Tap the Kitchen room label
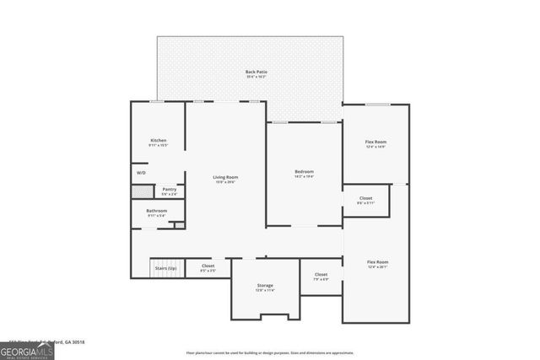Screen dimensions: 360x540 [158, 140]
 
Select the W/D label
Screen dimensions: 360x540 [141, 174]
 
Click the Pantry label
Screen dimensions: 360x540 [170, 190]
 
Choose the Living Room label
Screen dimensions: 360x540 [225, 177]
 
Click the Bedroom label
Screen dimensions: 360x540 [304, 172]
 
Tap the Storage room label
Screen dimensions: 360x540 [265, 286]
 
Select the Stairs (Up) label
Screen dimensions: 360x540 [165, 268]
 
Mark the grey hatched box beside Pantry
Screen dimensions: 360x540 [142, 191]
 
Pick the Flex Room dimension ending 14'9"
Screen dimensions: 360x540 [375, 146]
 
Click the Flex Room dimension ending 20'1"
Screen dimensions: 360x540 [377, 267]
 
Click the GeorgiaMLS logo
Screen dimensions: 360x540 [27, 348]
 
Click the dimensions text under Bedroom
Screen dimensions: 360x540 [304, 177]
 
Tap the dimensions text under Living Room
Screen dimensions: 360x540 [225, 182]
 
